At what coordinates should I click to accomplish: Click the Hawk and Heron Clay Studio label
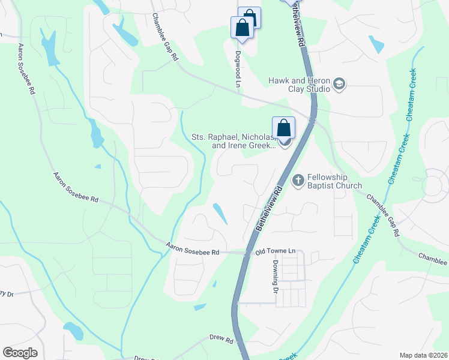(x=299, y=83)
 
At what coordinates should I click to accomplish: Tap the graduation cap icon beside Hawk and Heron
(x=340, y=83)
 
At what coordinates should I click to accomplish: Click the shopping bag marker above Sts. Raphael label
(x=283, y=128)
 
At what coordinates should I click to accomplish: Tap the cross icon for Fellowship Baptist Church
(x=297, y=180)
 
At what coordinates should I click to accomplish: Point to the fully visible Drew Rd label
(x=221, y=340)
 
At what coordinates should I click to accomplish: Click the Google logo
(x=20, y=352)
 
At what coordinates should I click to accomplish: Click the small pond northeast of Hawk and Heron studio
(x=376, y=45)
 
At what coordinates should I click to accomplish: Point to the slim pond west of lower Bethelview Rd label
(x=220, y=214)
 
